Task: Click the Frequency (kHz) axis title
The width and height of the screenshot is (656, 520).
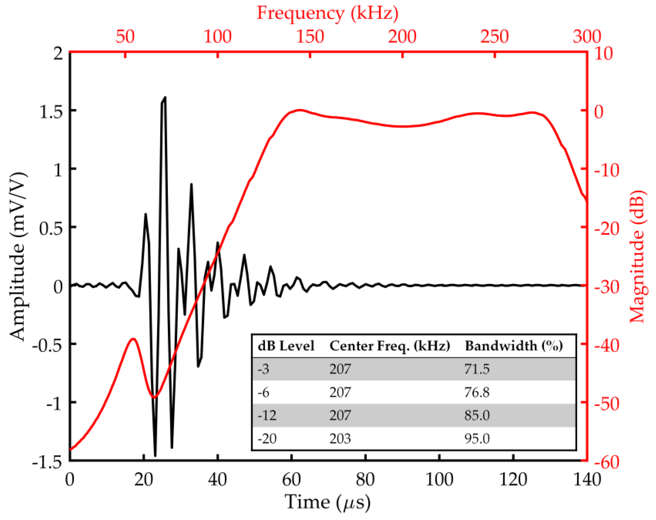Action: [328, 13]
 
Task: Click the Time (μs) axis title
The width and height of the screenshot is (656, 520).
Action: [328, 502]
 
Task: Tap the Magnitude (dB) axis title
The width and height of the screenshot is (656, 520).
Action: [637, 256]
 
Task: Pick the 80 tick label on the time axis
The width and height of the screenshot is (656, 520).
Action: [365, 480]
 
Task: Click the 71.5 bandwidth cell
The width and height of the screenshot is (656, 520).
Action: [477, 369]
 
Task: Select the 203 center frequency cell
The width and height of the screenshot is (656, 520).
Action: [340, 439]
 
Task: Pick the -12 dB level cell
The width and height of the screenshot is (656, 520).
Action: [267, 415]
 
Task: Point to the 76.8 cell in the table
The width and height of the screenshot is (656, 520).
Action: [477, 393]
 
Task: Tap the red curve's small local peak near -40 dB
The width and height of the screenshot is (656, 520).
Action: [133, 339]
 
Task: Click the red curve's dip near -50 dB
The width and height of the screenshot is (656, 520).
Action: [154, 397]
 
